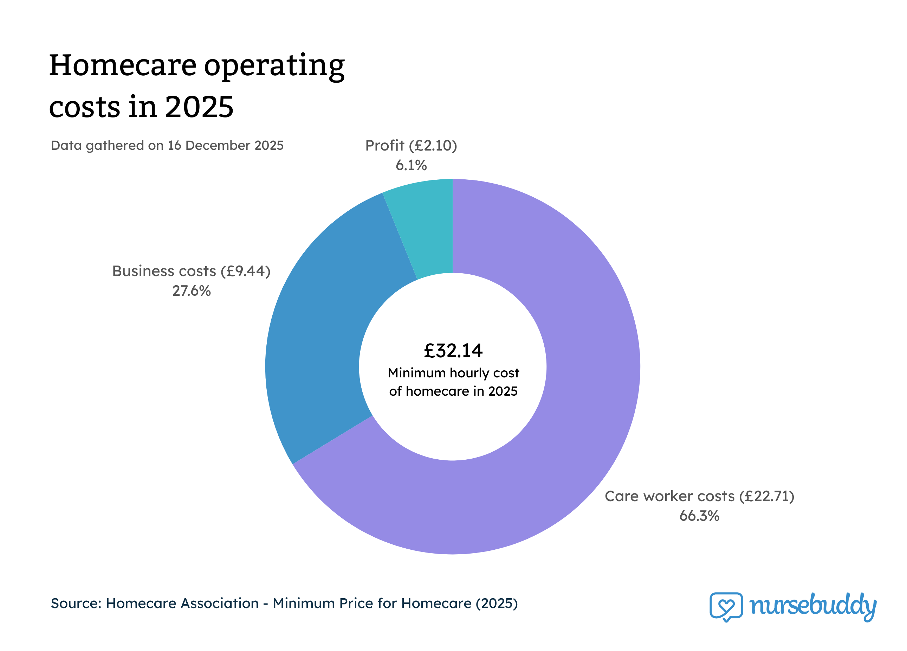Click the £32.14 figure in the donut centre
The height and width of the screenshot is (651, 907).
(453, 351)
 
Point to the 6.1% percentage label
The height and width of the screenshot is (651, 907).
(411, 165)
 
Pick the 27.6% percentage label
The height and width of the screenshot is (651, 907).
(192, 291)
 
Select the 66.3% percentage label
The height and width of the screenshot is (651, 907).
(699, 516)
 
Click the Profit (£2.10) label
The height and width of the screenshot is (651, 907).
(411, 146)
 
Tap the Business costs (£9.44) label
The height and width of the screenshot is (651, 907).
(192, 271)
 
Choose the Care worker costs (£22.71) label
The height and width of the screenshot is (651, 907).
(699, 496)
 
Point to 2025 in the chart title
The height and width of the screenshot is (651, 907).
(199, 107)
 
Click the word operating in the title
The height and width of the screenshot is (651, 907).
(274, 66)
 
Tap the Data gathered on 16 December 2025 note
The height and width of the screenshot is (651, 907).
(167, 145)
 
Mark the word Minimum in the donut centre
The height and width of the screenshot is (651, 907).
(416, 373)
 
